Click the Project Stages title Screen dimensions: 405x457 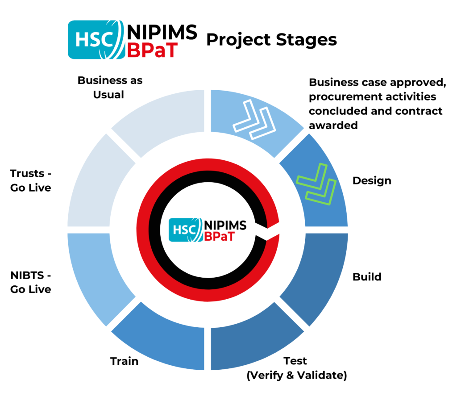[x=271, y=40]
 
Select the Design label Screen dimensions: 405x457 [x=372, y=181]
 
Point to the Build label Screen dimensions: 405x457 [x=367, y=277]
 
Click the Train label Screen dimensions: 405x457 [x=124, y=361]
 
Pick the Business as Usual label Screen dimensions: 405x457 [x=110, y=88]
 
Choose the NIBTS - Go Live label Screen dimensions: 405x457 [x=30, y=282]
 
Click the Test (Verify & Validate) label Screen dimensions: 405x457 [x=296, y=368]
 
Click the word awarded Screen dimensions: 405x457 [x=333, y=125]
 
